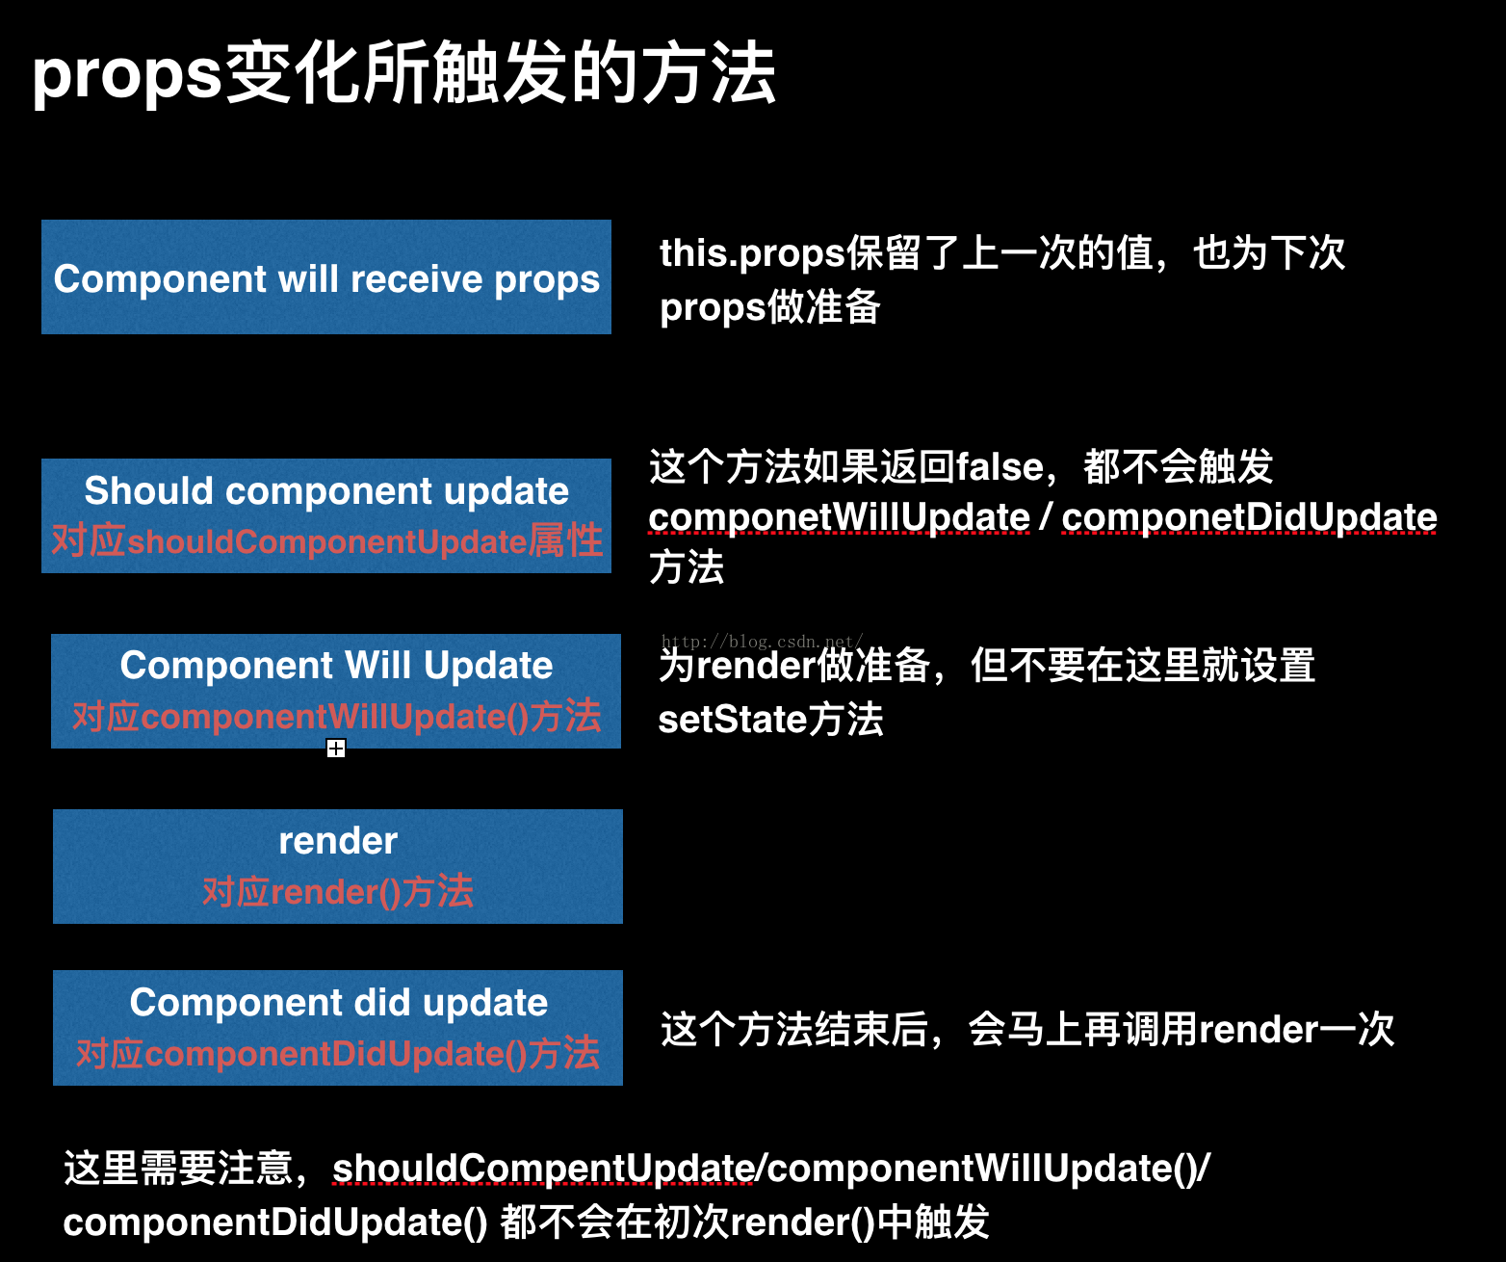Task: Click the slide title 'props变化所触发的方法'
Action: [403, 73]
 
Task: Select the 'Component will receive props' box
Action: [326, 277]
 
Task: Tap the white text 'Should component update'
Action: [326, 490]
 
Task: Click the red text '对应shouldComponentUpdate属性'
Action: [326, 541]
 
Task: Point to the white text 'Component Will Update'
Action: [336, 665]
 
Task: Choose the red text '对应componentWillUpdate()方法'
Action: [336, 717]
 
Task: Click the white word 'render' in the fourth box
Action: [338, 841]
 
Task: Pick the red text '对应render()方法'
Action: [338, 892]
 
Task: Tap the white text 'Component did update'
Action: [338, 1003]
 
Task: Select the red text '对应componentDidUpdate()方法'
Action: [338, 1054]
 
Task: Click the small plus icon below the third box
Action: [336, 749]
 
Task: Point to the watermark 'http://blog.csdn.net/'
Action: [762, 642]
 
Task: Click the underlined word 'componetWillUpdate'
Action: [839, 517]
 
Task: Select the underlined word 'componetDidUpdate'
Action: [1249, 517]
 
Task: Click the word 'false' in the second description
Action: [1000, 467]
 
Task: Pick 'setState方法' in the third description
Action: [770, 720]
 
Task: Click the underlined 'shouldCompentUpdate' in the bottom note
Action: [543, 1169]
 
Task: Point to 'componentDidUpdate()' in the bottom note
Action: [275, 1223]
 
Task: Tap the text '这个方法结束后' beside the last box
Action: [794, 1029]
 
